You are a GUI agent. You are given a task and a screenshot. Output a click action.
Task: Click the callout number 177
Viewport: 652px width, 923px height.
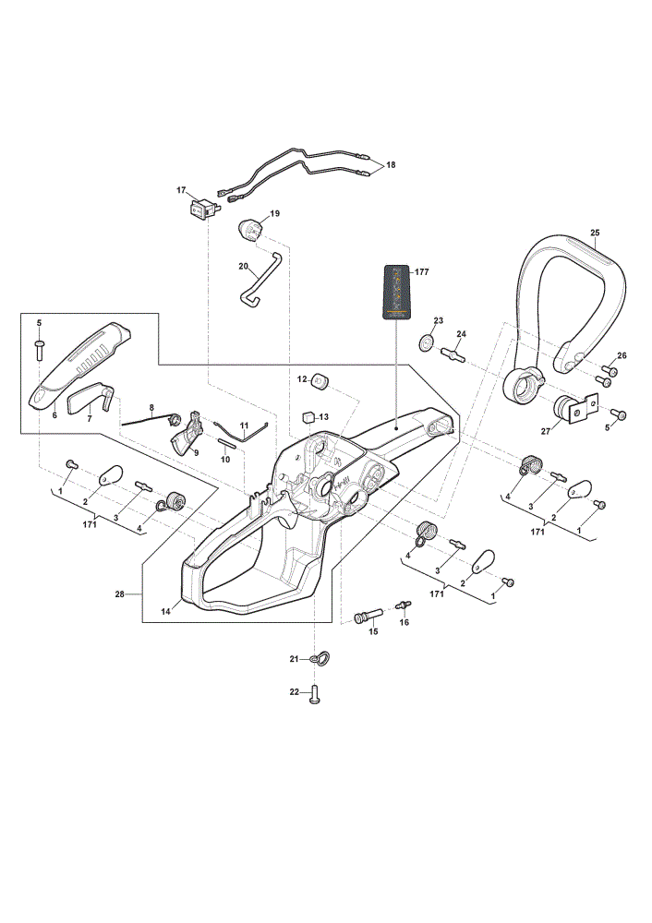(x=422, y=272)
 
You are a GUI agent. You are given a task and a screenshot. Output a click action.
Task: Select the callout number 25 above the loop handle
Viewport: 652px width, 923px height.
(x=595, y=233)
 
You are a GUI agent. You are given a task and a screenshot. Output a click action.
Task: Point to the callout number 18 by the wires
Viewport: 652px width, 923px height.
(x=391, y=165)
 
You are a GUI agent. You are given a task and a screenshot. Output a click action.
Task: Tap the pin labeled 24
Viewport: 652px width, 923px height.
(x=453, y=354)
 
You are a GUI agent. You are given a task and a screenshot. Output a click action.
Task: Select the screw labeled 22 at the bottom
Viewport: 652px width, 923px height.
(x=313, y=695)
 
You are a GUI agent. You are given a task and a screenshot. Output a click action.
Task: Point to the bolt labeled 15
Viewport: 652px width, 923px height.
(x=368, y=616)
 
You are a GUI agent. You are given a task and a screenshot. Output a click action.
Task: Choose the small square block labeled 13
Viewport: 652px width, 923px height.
(x=308, y=417)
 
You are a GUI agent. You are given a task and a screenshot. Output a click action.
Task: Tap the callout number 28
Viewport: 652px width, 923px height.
(x=119, y=594)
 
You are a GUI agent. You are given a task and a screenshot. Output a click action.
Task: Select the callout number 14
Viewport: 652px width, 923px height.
(x=165, y=612)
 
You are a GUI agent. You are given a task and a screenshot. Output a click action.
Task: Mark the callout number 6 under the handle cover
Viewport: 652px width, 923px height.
(x=54, y=415)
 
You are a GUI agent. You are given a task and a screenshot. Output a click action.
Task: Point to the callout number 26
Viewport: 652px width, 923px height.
(x=622, y=355)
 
